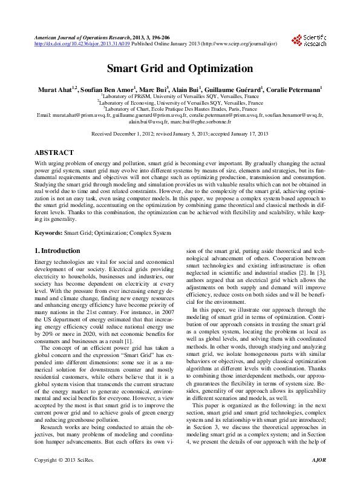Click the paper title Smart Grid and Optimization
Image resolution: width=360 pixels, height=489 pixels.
(180, 68)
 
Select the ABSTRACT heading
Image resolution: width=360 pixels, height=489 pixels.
(54, 153)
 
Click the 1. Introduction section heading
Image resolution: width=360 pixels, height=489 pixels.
(57, 251)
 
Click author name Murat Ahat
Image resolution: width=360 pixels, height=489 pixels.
(56, 89)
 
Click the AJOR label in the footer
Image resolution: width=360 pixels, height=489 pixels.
(318, 477)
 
